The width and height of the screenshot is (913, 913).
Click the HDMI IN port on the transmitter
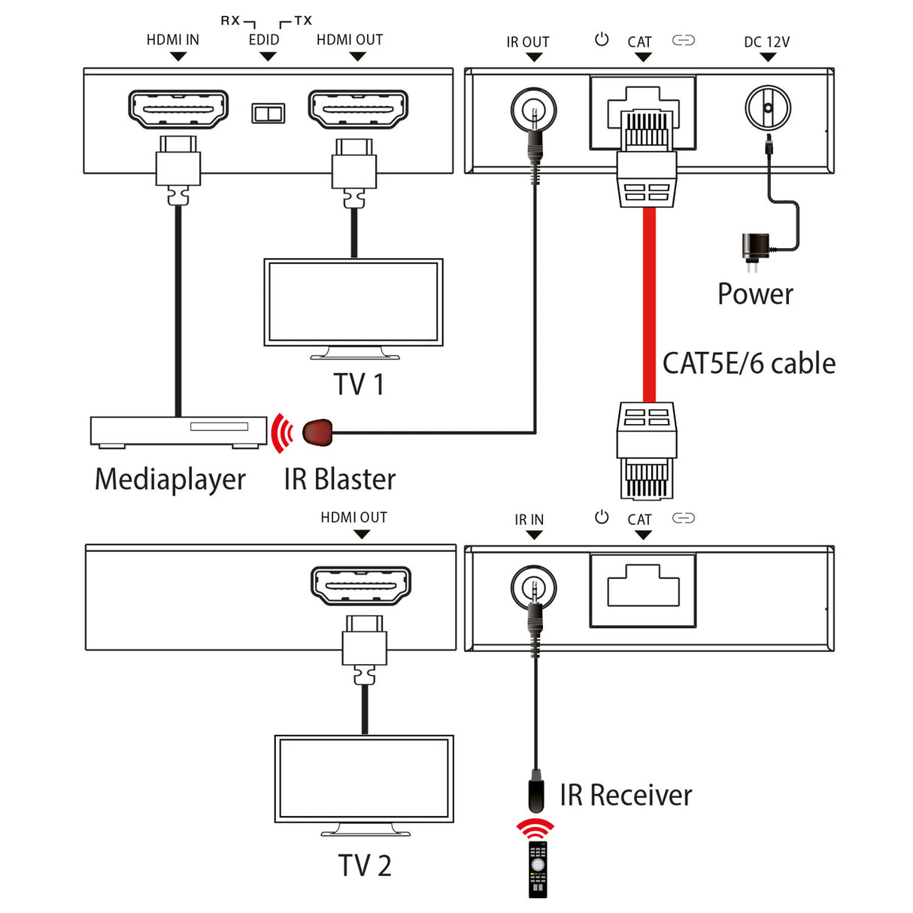[178, 109]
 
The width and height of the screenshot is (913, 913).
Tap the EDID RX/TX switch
[268, 114]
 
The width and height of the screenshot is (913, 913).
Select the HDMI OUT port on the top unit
[358, 109]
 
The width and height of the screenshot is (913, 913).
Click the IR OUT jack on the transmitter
[533, 110]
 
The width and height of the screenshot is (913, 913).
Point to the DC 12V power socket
[768, 108]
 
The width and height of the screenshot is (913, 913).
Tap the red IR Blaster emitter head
[317, 432]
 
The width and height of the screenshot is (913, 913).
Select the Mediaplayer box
[178, 432]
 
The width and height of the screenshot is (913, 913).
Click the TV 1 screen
[353, 302]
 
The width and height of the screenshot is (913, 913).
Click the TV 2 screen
[364, 778]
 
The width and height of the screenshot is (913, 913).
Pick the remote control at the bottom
[538, 869]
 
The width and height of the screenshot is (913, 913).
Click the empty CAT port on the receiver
[643, 588]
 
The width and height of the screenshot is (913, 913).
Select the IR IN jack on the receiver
[533, 587]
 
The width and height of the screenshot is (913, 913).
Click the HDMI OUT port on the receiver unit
[361, 586]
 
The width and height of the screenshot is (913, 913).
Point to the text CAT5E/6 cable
[748, 363]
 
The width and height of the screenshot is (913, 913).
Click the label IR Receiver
[625, 795]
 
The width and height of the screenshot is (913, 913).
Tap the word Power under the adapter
[755, 294]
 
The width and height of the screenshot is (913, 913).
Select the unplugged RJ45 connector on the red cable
[646, 451]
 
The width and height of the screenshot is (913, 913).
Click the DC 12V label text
[766, 42]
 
